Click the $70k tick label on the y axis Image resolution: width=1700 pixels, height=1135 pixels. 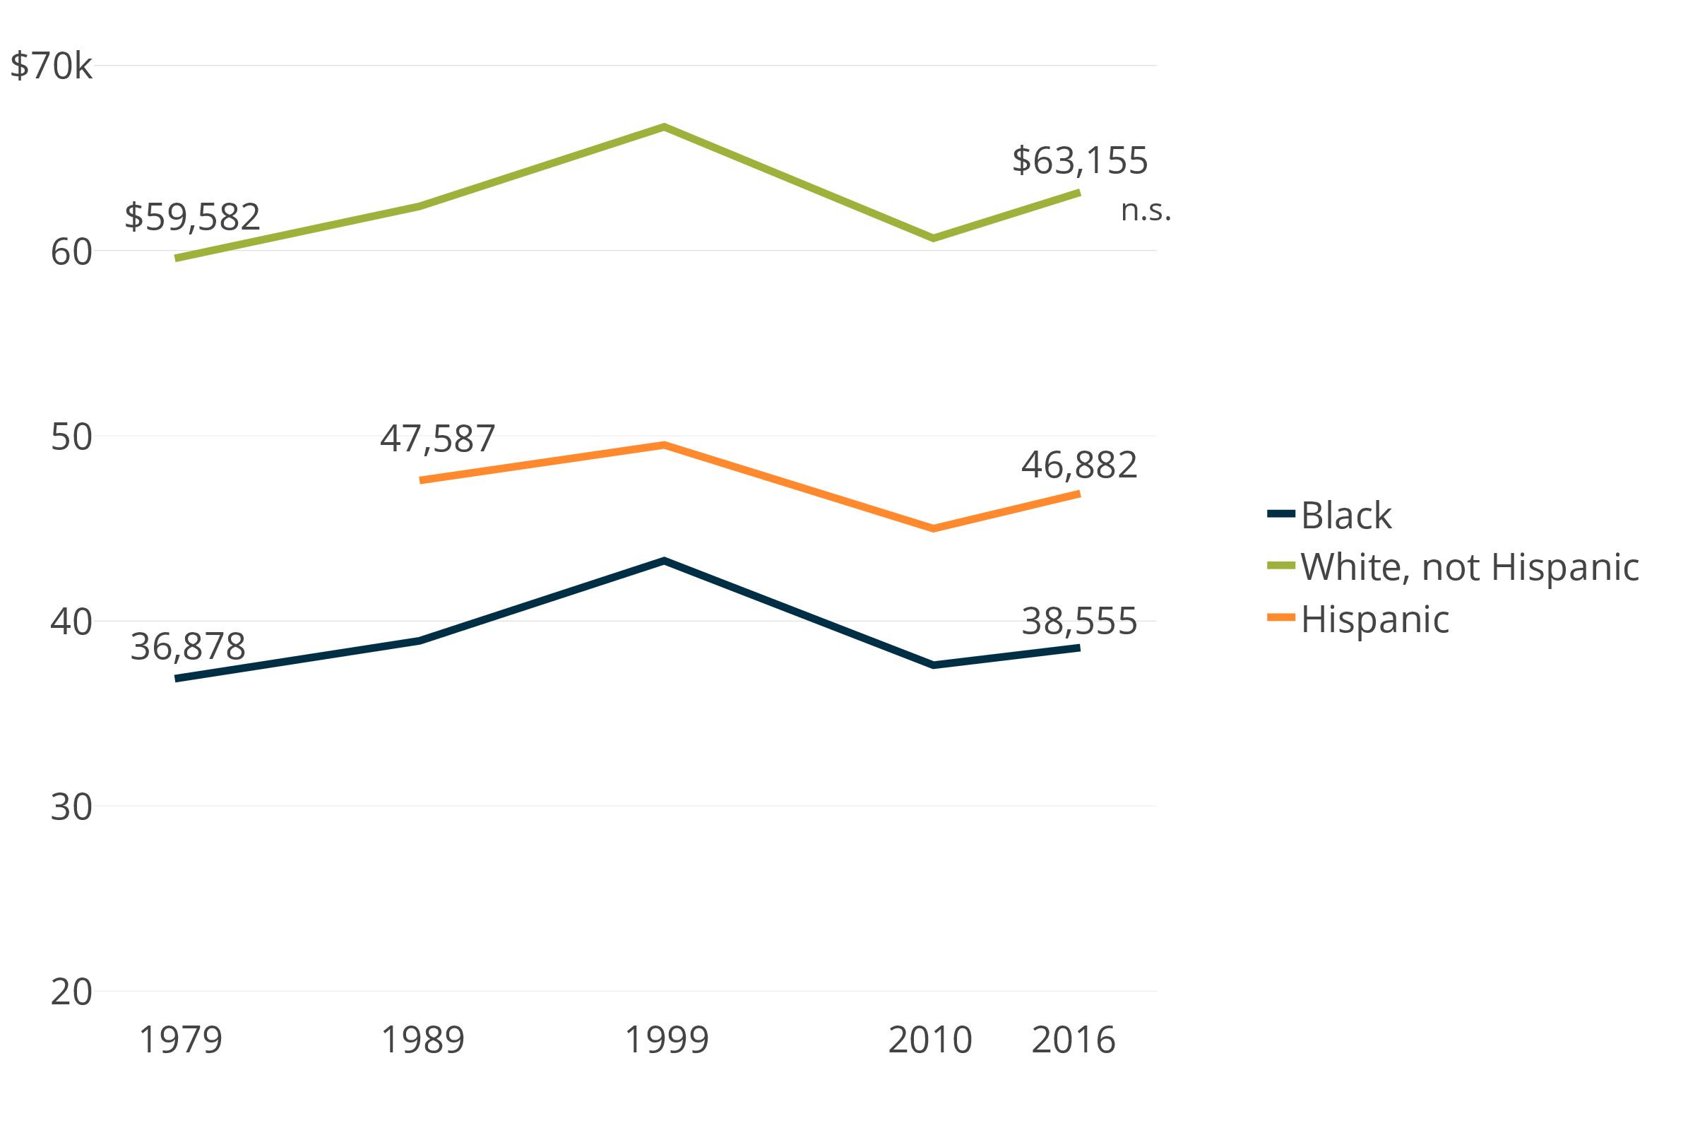coord(51,66)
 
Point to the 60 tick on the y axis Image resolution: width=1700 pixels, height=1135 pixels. coord(71,252)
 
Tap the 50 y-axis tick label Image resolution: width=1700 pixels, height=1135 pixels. coord(71,437)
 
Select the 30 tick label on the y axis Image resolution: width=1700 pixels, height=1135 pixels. coord(71,807)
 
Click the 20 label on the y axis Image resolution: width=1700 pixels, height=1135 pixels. coord(71,992)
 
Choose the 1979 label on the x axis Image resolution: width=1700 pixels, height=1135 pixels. coord(180,1040)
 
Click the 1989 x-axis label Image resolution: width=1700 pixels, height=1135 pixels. coord(422,1040)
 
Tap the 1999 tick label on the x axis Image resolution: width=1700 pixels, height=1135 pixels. coord(666,1040)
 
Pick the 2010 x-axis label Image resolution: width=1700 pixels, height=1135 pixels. coord(930,1040)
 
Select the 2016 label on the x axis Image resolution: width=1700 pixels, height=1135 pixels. coord(1074,1040)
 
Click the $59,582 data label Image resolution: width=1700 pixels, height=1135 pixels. coord(192,217)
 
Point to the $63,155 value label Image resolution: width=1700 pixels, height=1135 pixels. coord(1079,161)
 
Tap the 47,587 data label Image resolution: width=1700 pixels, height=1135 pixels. coord(437,439)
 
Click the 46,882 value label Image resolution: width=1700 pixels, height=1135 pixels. coord(1079,465)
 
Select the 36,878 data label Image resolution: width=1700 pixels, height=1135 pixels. coord(187,647)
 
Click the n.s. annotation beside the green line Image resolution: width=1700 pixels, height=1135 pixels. coord(1145,210)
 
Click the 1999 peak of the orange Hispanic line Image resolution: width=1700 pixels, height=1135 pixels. coord(664,444)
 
